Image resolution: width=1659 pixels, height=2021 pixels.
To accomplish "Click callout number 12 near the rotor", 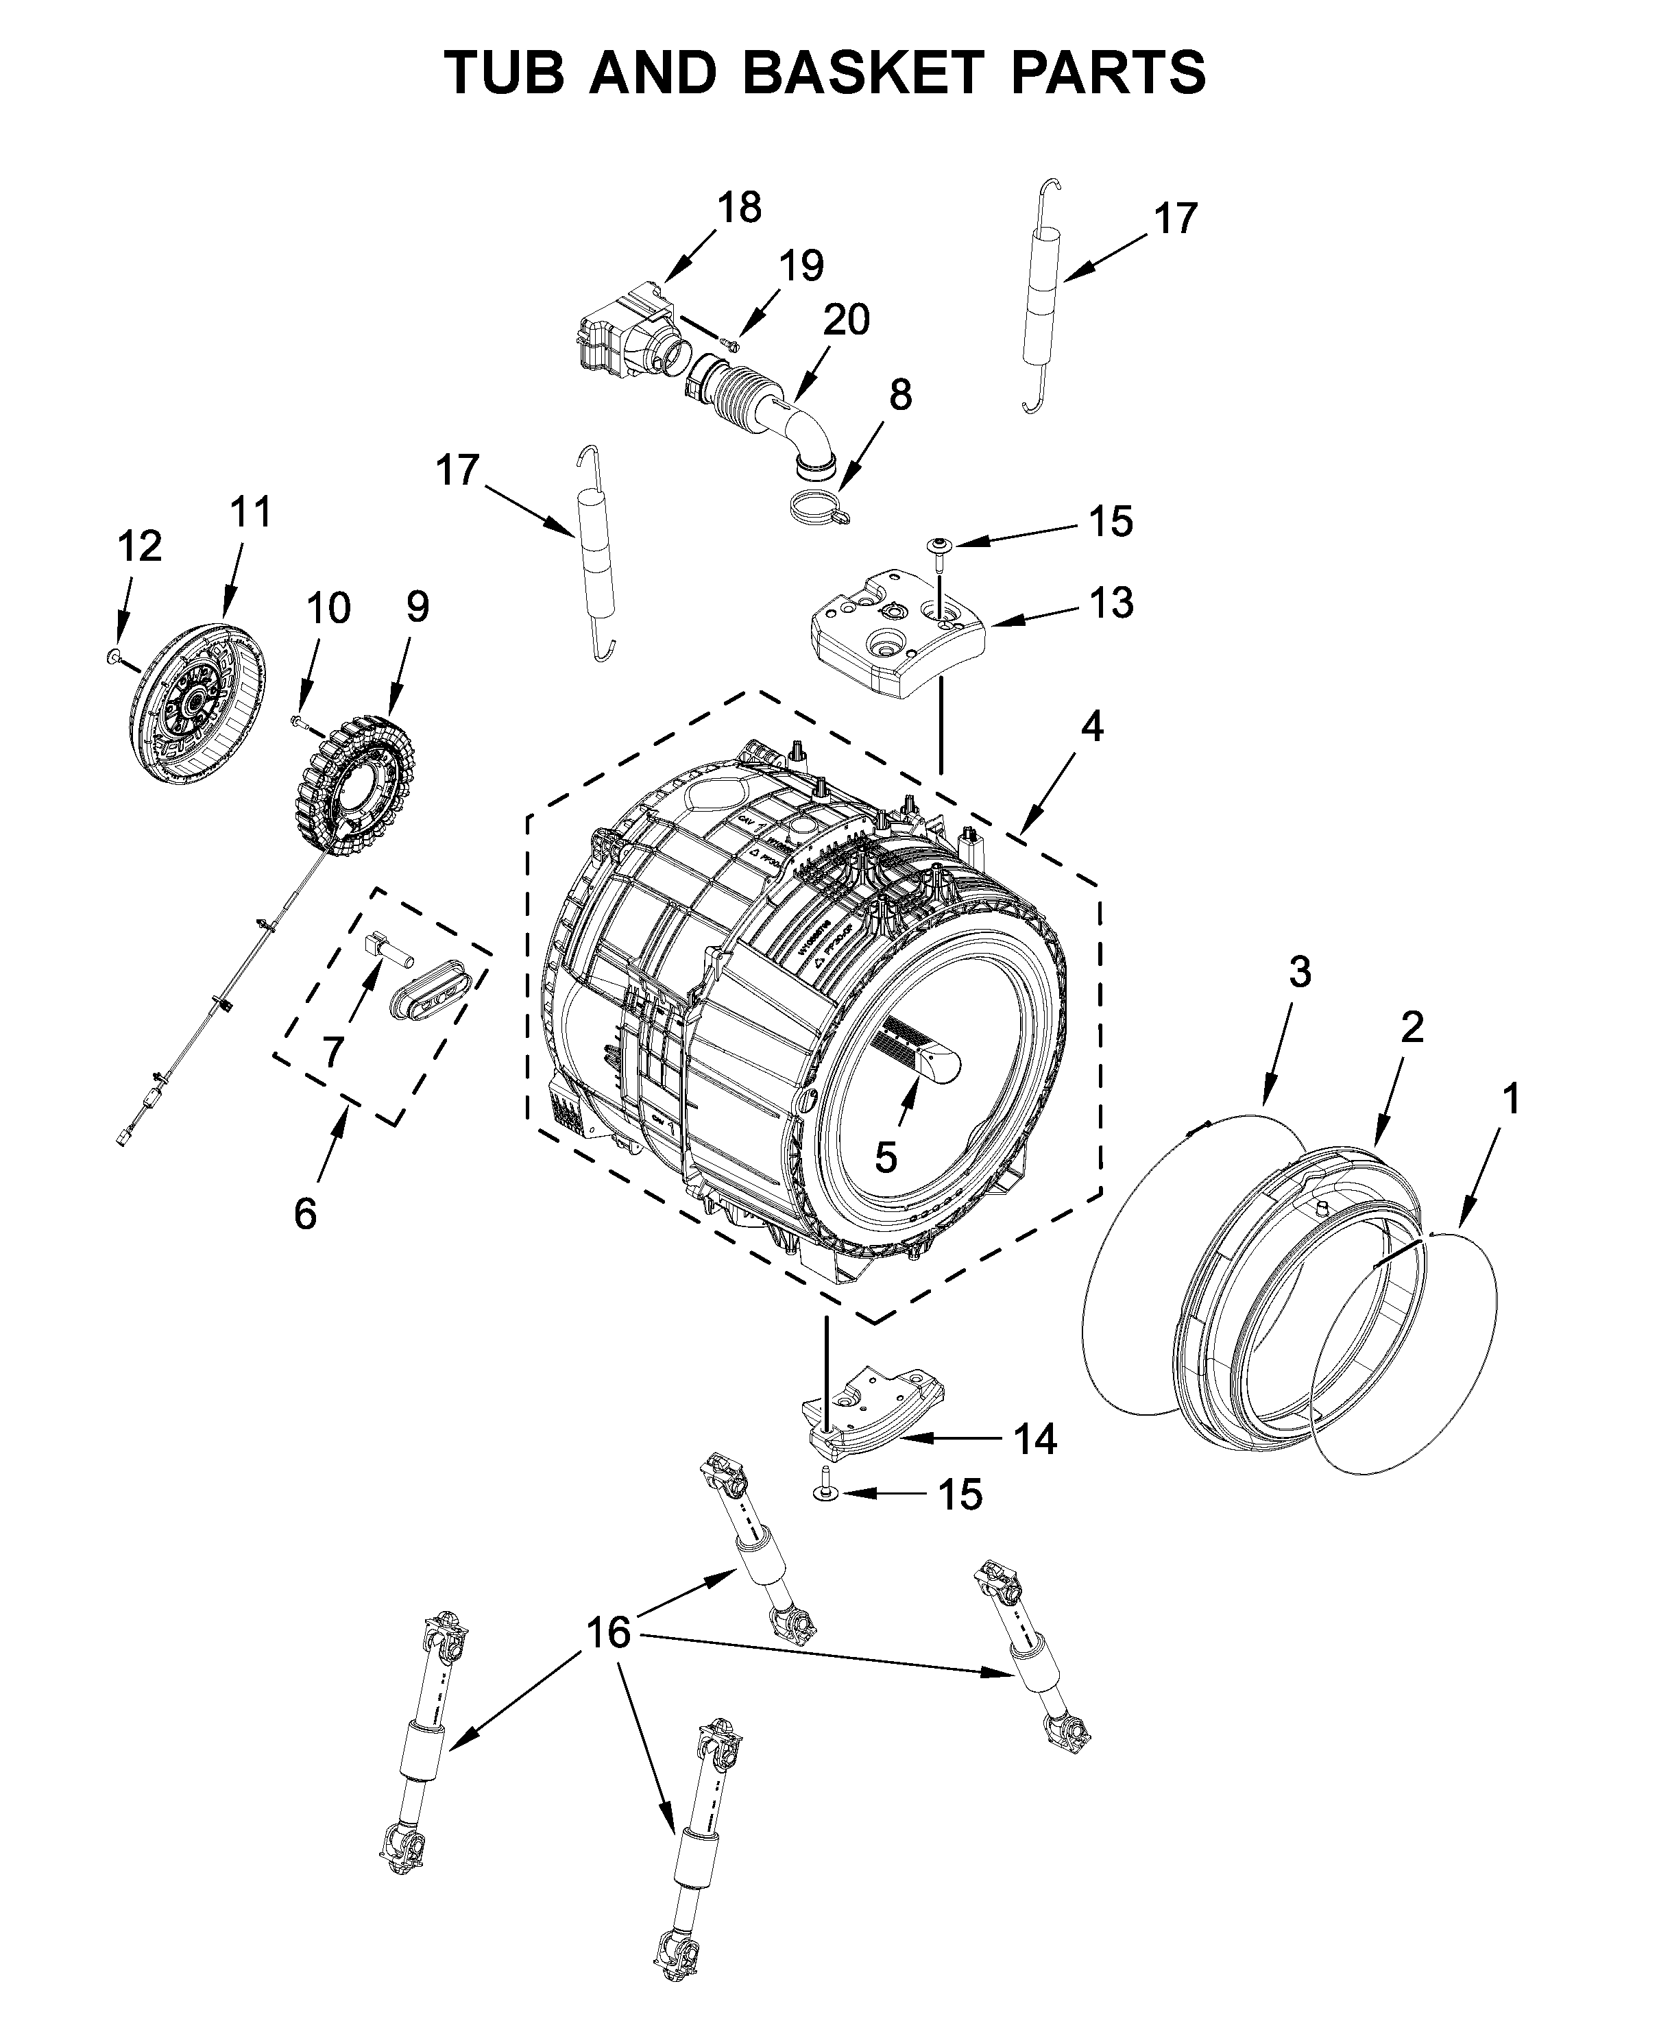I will (140, 546).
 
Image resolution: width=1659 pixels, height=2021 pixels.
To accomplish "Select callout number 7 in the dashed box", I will (332, 1052).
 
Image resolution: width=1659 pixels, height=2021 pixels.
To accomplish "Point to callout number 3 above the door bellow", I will (1300, 973).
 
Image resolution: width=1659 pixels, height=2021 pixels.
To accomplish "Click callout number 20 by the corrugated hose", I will (847, 320).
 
